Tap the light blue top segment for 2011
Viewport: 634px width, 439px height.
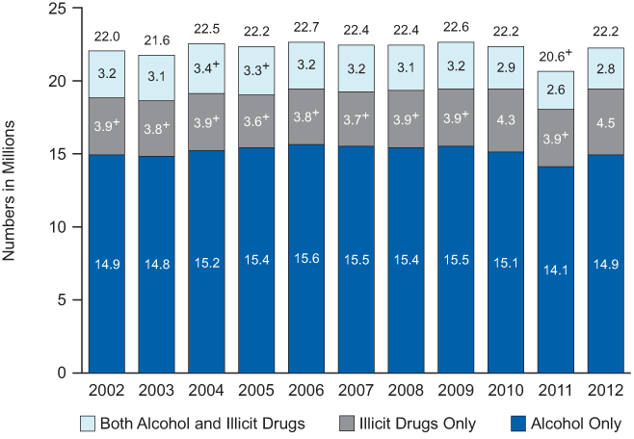click(x=555, y=90)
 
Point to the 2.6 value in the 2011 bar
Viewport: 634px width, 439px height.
click(x=555, y=90)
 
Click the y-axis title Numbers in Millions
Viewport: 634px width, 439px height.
click(x=13, y=193)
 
